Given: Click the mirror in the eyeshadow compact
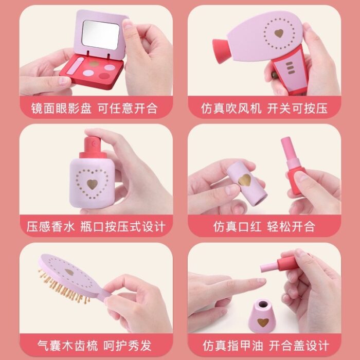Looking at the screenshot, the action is (101, 34).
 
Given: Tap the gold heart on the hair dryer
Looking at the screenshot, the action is (279, 33).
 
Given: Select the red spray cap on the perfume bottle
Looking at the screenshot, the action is (93, 148).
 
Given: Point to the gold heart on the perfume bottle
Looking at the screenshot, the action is (92, 184).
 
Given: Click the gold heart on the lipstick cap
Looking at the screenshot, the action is (244, 180).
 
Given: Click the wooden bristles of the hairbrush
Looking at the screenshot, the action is (62, 287).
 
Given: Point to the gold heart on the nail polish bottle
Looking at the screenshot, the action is (263, 322).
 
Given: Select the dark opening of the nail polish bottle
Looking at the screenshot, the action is (263, 304).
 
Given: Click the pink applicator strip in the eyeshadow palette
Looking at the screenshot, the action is (75, 66).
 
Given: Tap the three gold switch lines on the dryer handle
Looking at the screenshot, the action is (290, 68).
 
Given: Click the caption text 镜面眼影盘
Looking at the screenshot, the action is (61, 109).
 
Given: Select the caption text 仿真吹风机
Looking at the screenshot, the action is (231, 109).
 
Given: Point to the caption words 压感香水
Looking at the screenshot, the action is (51, 227).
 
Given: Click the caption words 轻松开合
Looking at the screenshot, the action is (291, 227).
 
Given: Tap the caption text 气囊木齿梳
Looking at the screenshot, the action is (67, 346).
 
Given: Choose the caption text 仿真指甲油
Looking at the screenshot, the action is (233, 346).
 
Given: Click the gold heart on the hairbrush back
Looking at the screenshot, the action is (69, 272).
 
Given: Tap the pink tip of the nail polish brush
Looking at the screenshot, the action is (269, 267).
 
